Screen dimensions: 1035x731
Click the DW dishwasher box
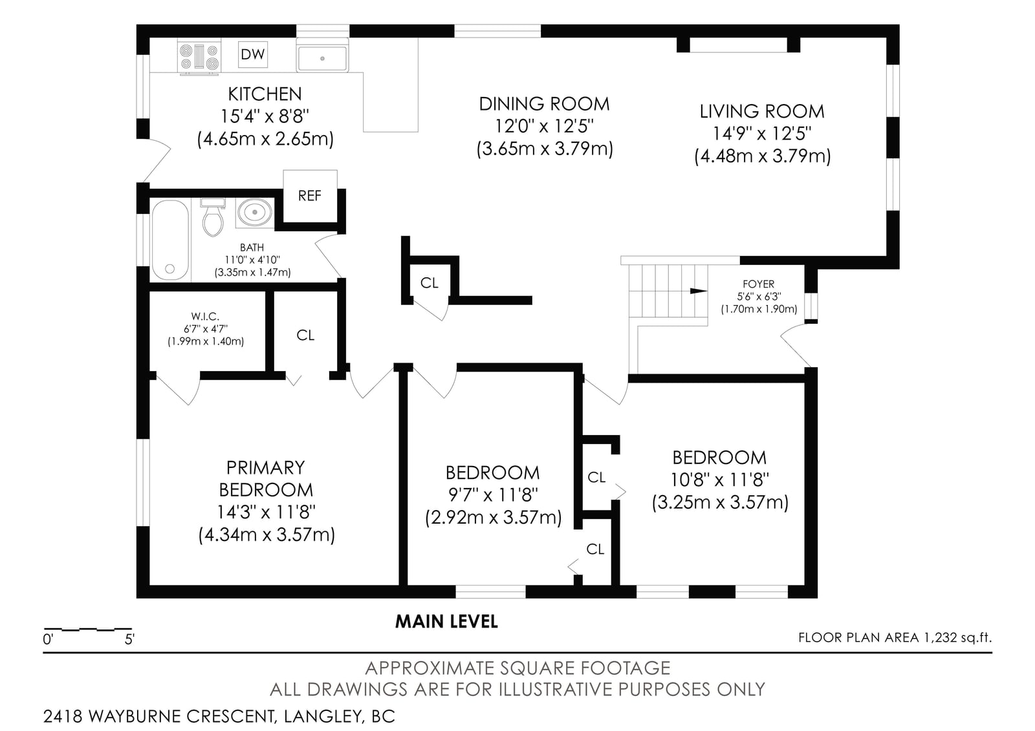(253, 54)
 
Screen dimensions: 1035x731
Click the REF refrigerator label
(310, 196)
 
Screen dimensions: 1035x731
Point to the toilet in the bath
(213, 217)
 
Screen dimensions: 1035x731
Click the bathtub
(170, 240)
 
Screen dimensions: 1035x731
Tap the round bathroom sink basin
(255, 213)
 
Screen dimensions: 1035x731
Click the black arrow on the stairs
(698, 291)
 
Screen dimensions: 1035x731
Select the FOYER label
(759, 284)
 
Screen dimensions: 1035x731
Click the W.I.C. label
(205, 316)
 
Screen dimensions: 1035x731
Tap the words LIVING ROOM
(762, 111)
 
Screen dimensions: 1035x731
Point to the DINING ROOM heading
(544, 104)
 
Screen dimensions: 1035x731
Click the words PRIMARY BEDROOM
(266, 478)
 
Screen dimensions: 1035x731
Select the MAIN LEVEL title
(446, 622)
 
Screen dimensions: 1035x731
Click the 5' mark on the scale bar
(129, 640)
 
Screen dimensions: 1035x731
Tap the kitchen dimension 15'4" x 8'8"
(265, 116)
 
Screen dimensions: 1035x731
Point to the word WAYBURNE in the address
(135, 717)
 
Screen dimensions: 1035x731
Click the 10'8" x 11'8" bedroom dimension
(720, 480)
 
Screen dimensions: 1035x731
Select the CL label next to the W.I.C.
(305, 335)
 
